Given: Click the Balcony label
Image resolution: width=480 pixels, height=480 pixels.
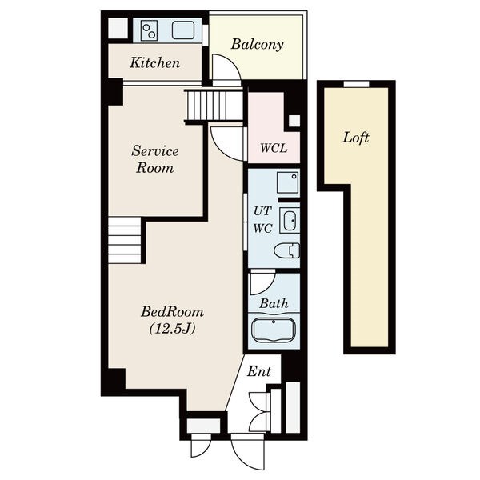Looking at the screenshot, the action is tap(257, 44).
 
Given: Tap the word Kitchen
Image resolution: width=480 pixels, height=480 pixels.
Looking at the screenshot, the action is tap(155, 62).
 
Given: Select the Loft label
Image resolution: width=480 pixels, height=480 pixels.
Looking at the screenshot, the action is tap(356, 138).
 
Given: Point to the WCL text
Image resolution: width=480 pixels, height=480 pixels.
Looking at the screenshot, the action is tap(274, 148).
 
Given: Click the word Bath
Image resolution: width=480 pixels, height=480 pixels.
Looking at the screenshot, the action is tap(274, 303).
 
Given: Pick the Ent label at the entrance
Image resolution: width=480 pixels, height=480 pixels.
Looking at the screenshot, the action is tap(259, 371).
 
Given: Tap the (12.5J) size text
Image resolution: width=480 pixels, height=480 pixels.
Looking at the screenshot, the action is tap(173, 329).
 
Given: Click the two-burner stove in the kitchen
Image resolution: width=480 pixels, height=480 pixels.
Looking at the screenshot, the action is tap(149, 30).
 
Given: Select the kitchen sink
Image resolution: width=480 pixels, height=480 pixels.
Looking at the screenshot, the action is tap(183, 30).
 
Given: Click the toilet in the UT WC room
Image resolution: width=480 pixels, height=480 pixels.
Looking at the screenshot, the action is tap(287, 250).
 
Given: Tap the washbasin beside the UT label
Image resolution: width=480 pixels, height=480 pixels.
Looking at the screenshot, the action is tap(290, 221).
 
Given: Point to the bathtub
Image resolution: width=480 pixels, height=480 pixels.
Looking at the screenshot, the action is tap(274, 330).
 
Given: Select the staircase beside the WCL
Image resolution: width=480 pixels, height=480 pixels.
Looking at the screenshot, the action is tap(215, 106).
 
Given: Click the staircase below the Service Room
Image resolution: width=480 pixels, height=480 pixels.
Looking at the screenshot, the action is tap(125, 240).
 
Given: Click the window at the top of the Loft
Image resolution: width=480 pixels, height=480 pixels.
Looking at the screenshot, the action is tap(356, 84).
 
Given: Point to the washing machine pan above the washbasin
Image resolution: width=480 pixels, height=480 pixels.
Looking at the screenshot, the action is tap(288, 182).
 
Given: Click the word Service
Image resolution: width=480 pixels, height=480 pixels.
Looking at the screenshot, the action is tap(155, 151).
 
